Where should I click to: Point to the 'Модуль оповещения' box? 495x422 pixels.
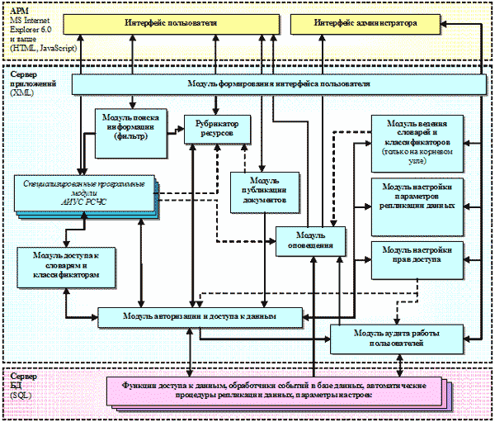click(308, 239)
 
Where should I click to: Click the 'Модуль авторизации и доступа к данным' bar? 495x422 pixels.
click(199, 315)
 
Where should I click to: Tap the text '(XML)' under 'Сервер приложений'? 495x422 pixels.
click(22, 93)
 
